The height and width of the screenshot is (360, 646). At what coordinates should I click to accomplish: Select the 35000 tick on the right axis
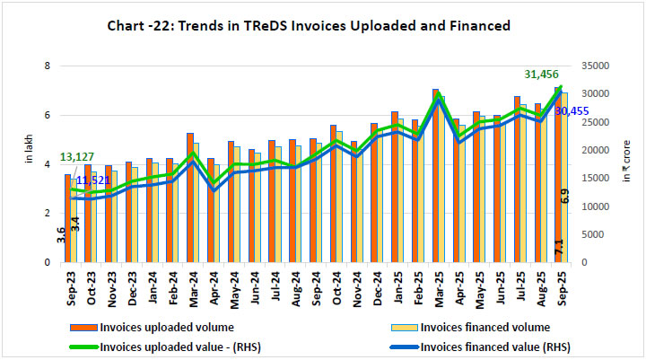pyautogui.click(x=597, y=66)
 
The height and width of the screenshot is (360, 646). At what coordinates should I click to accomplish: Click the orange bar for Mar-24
pyautogui.click(x=190, y=198)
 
